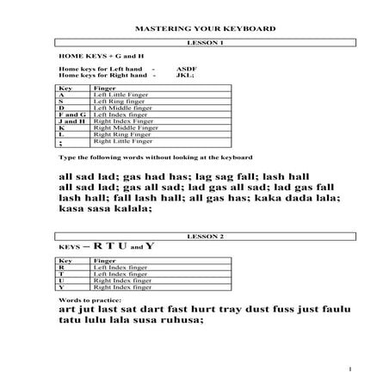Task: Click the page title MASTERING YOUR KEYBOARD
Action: [194, 28]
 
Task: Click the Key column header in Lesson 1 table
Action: [63, 88]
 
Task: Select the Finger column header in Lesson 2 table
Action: [104, 259]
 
